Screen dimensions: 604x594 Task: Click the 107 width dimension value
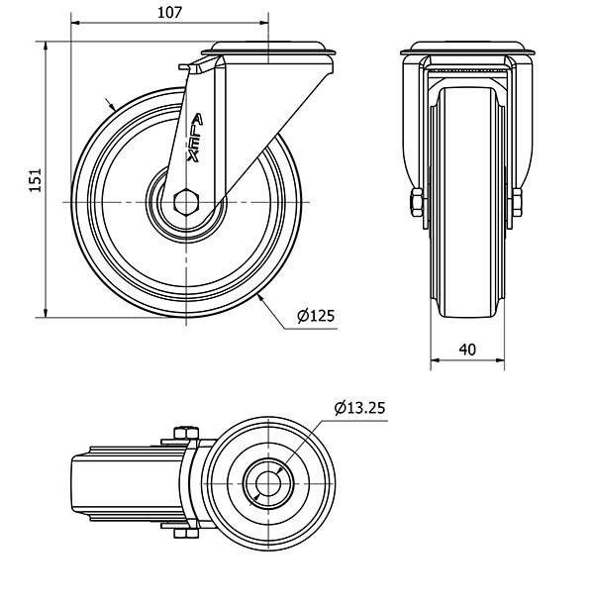(170, 11)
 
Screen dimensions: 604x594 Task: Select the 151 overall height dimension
(34, 179)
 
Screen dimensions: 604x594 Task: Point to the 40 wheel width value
(467, 349)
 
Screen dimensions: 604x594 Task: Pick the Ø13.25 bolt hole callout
(358, 407)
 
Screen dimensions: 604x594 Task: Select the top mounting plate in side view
(267, 50)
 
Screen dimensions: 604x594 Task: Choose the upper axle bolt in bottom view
(185, 432)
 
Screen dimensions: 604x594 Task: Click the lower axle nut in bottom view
(185, 536)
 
